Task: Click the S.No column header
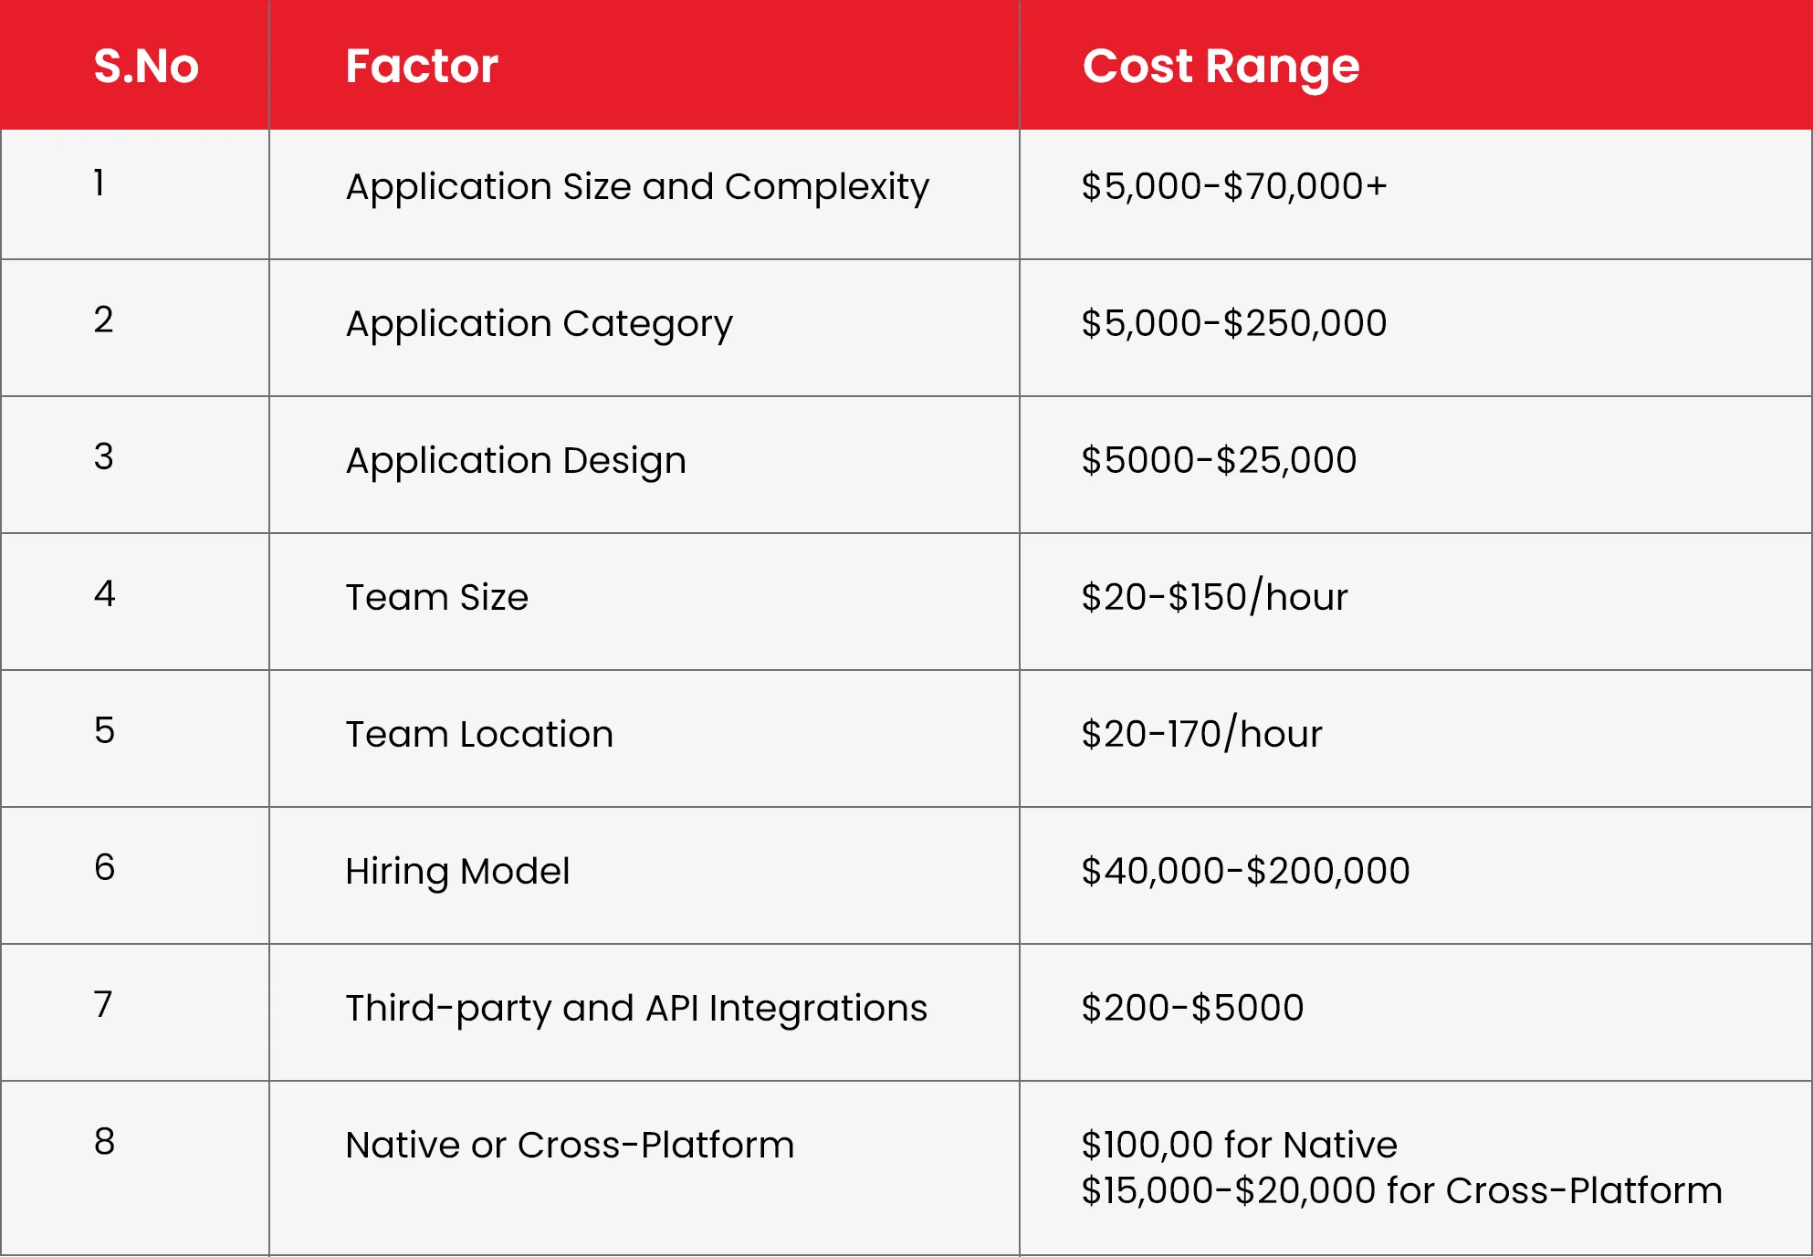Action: [146, 66]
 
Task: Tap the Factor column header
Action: [422, 66]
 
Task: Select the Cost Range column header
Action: [1221, 67]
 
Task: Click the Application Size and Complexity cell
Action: [637, 187]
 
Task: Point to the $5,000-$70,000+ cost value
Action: [1234, 186]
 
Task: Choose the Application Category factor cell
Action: [539, 324]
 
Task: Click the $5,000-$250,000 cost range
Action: [1234, 323]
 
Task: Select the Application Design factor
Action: [516, 461]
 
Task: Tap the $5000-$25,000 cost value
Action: [1219, 460]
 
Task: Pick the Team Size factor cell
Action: [436, 597]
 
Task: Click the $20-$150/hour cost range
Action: [1214, 597]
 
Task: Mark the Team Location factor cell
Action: [479, 734]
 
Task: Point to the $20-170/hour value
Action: [1201, 734]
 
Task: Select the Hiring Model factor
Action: [457, 872]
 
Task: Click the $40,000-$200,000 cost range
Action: [1245, 871]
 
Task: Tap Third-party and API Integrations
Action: [636, 1009]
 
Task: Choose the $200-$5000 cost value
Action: [1192, 1008]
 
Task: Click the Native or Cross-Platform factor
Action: [570, 1145]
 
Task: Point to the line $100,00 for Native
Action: [1239, 1145]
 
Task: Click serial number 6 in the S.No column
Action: [105, 867]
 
